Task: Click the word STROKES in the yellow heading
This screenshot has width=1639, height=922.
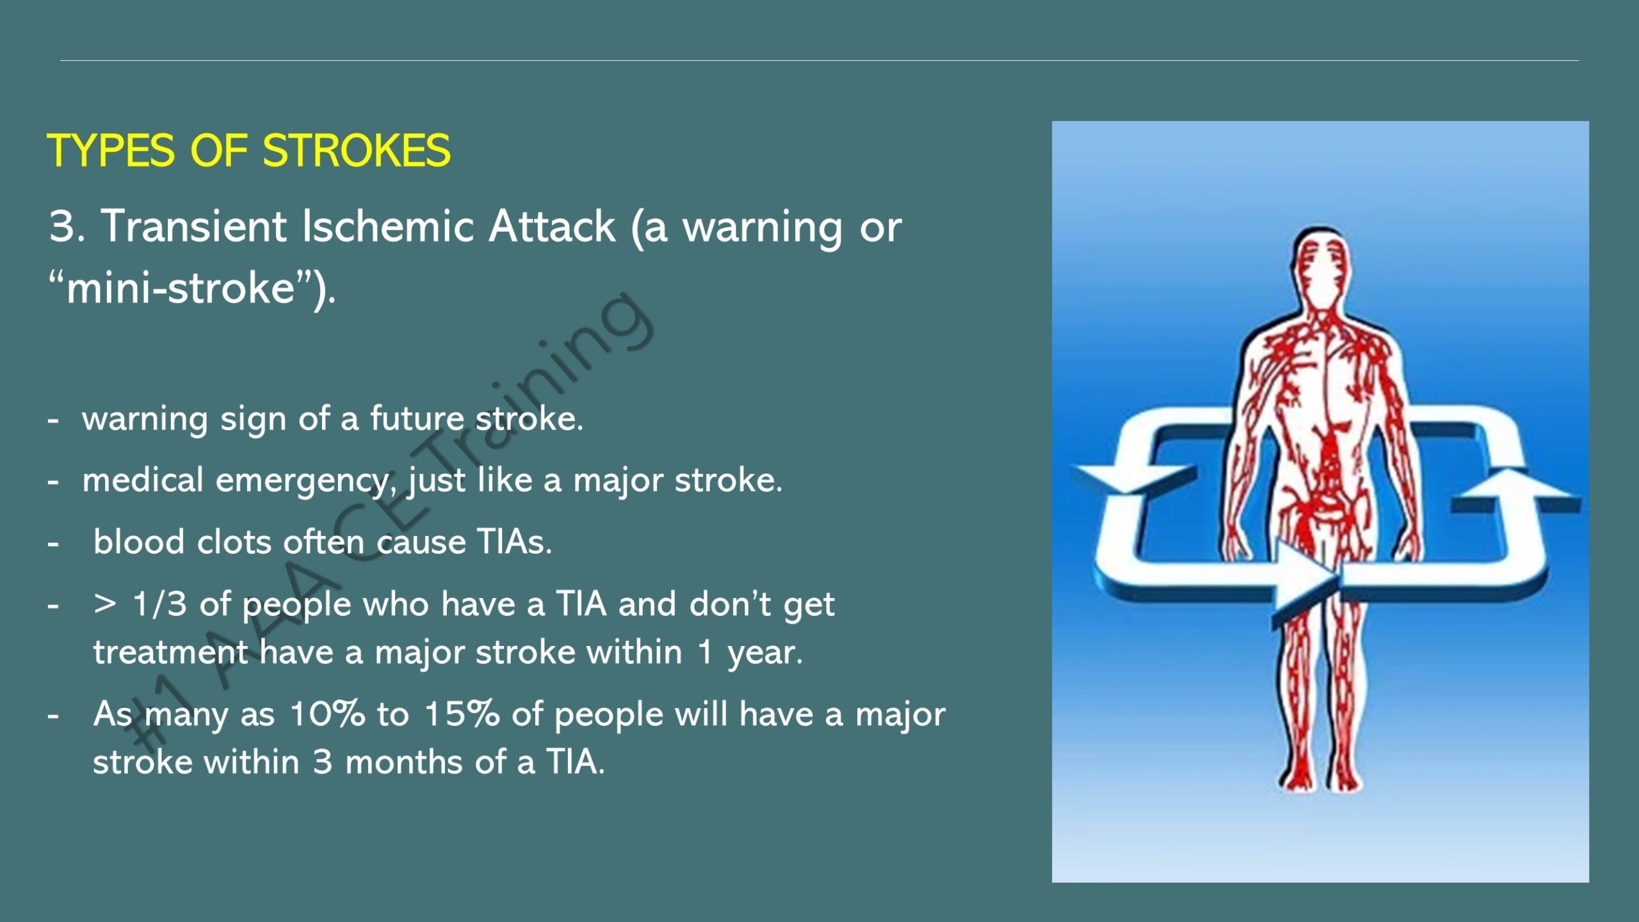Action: [357, 151]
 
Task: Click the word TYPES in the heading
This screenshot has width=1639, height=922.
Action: [111, 151]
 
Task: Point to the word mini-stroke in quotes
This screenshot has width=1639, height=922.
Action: [181, 287]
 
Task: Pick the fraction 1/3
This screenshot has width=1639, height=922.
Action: [159, 604]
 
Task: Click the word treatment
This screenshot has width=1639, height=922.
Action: [170, 652]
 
